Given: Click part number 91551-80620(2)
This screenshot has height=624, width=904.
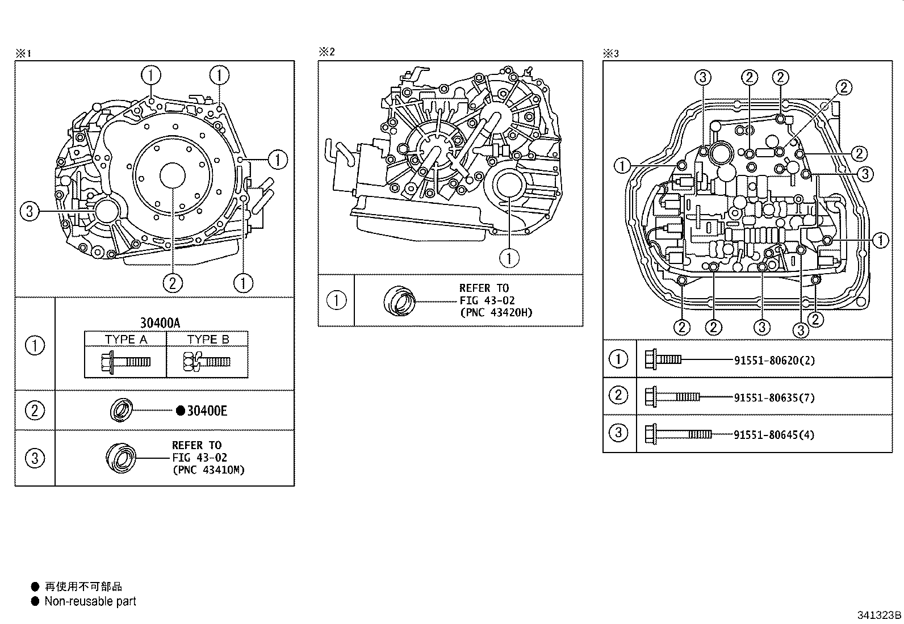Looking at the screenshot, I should click(x=775, y=361).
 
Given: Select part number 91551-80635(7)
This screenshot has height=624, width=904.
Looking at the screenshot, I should click(x=775, y=397).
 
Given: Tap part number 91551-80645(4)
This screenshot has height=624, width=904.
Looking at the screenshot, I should click(x=775, y=435).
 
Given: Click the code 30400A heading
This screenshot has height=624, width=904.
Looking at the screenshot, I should click(x=160, y=323).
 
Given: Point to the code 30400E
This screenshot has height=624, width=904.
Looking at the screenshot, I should click(x=207, y=411).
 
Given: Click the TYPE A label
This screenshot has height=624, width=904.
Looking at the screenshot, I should click(x=125, y=340).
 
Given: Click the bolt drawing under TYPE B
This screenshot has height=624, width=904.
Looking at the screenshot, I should click(x=207, y=362).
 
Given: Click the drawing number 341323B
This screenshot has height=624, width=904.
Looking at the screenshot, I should click(x=879, y=615).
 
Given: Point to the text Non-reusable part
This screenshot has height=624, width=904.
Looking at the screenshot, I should click(x=90, y=601).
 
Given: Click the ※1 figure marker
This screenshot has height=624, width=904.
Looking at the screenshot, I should click(x=23, y=53).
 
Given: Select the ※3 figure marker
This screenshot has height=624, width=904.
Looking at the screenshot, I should click(x=610, y=53).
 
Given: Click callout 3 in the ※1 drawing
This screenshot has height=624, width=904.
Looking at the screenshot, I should click(x=30, y=212).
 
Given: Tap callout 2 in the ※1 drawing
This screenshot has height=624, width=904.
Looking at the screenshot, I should click(x=173, y=282).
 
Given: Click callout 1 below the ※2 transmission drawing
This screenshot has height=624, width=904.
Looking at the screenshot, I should click(x=509, y=258).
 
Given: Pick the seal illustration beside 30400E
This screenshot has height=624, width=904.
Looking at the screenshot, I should click(x=121, y=410).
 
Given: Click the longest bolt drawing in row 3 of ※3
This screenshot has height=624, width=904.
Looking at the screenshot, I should click(x=678, y=435).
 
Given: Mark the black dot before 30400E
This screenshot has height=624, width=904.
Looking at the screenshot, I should click(x=180, y=411).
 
